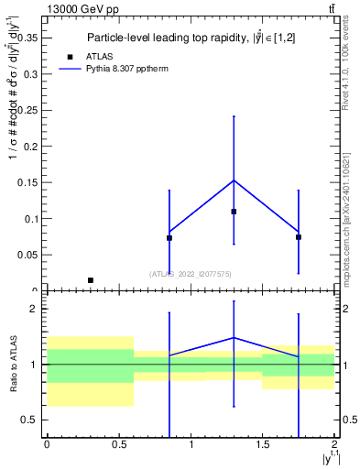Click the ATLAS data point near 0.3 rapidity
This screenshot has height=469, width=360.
[90, 280]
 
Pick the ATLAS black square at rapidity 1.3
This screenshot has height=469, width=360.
[234, 212]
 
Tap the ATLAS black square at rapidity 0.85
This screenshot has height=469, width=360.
[169, 238]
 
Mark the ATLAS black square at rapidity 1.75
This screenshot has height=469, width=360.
[299, 237]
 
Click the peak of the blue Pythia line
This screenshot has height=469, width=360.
[234, 180]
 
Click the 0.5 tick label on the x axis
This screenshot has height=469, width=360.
[118, 444]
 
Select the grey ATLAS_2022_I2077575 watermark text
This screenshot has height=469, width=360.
[191, 273]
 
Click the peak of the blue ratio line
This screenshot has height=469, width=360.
[234, 337]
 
